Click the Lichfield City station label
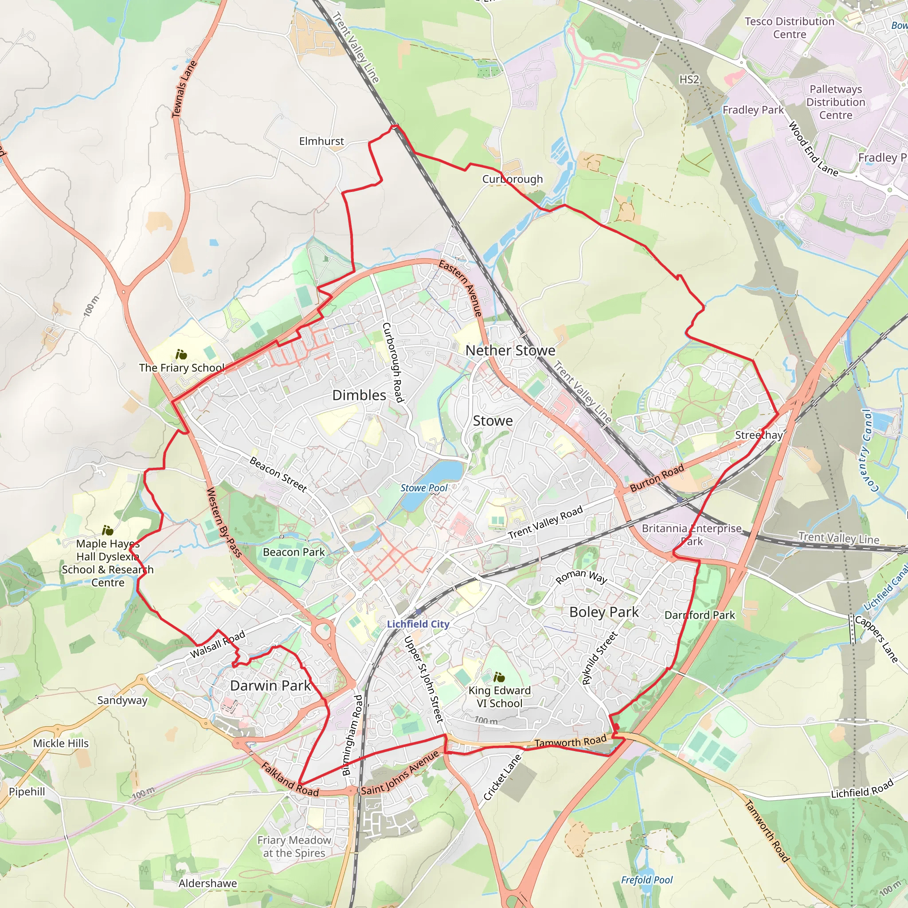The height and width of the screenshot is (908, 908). pos(418,624)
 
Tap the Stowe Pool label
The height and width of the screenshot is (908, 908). pos(424,488)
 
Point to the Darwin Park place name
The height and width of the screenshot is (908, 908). pos(270,685)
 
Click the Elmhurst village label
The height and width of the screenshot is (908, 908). pos(321,141)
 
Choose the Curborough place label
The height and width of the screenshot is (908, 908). pos(512,179)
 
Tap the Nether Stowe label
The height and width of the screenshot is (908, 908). pos(510,350)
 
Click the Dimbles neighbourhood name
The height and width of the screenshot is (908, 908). pos(359,395)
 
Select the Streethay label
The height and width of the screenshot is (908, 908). pos(759,435)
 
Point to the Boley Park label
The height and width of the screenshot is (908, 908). pos(604,612)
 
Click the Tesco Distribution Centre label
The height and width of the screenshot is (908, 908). pos(790,28)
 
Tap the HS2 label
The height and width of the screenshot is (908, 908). pos(689,79)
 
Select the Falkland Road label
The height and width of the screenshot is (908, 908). pos(290,780)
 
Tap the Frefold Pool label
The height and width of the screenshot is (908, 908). pos(647,880)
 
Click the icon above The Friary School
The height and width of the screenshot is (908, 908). pos(181,354)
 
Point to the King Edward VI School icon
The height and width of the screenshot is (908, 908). pos(499,677)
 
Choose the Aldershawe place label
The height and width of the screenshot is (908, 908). pos(208,883)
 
